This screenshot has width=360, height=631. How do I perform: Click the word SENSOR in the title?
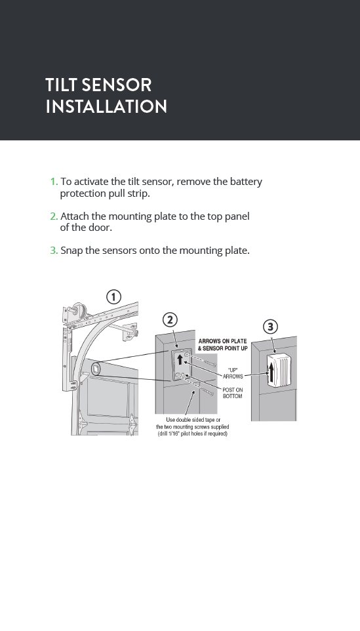click(x=116, y=85)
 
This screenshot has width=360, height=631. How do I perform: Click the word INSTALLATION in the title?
click(x=106, y=107)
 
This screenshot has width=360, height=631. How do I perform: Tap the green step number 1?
click(x=54, y=182)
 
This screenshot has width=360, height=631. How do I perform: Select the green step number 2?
click(x=54, y=216)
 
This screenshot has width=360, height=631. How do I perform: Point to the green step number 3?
click(x=54, y=251)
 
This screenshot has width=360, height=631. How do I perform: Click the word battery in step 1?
click(x=246, y=182)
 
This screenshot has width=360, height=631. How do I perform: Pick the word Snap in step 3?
click(x=71, y=251)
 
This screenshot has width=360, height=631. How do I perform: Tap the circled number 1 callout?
click(x=114, y=297)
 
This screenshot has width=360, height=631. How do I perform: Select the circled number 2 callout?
click(x=170, y=320)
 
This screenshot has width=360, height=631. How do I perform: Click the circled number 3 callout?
click(x=270, y=327)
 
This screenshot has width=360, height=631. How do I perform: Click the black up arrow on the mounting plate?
click(x=180, y=359)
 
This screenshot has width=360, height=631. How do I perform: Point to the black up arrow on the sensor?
click(x=272, y=373)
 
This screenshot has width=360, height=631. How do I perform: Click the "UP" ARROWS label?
click(x=233, y=373)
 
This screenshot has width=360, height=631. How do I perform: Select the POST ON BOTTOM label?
click(x=233, y=393)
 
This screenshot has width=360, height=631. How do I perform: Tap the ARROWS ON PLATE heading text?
click(x=222, y=341)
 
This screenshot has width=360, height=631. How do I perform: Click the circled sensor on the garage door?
click(x=97, y=369)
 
